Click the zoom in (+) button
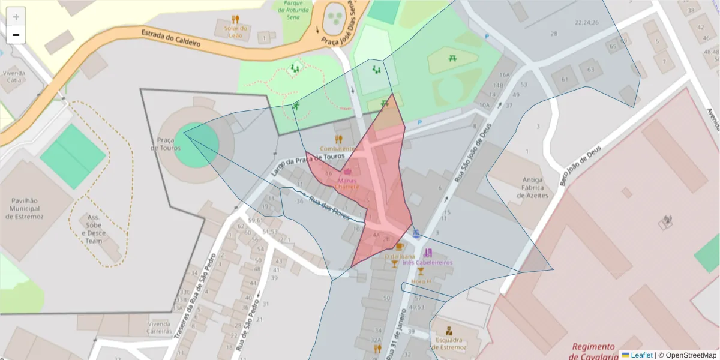click(16, 17)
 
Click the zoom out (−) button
click(16, 35)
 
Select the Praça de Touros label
click(162, 144)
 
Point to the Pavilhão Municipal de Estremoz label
click(29, 208)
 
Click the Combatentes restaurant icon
click(339, 139)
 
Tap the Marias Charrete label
click(347, 183)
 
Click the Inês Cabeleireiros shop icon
click(427, 253)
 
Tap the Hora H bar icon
click(421, 271)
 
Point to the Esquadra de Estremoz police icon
click(448, 331)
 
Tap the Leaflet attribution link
click(641, 355)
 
